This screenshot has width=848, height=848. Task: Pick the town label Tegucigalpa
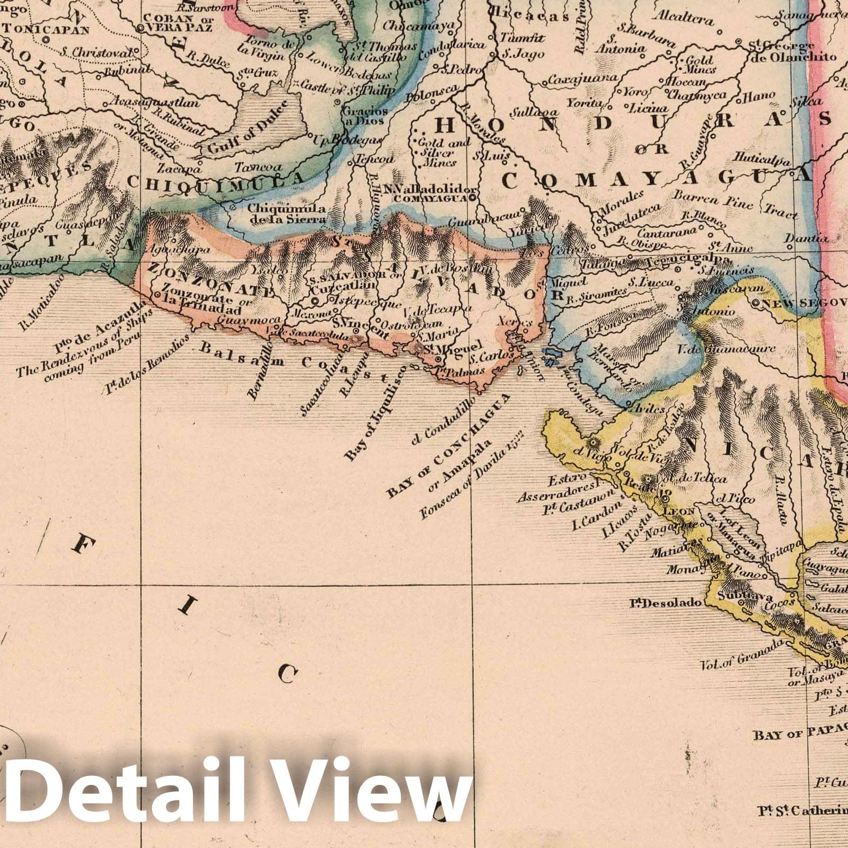tap(673, 260)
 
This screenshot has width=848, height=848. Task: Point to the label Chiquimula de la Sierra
tap(286, 213)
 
